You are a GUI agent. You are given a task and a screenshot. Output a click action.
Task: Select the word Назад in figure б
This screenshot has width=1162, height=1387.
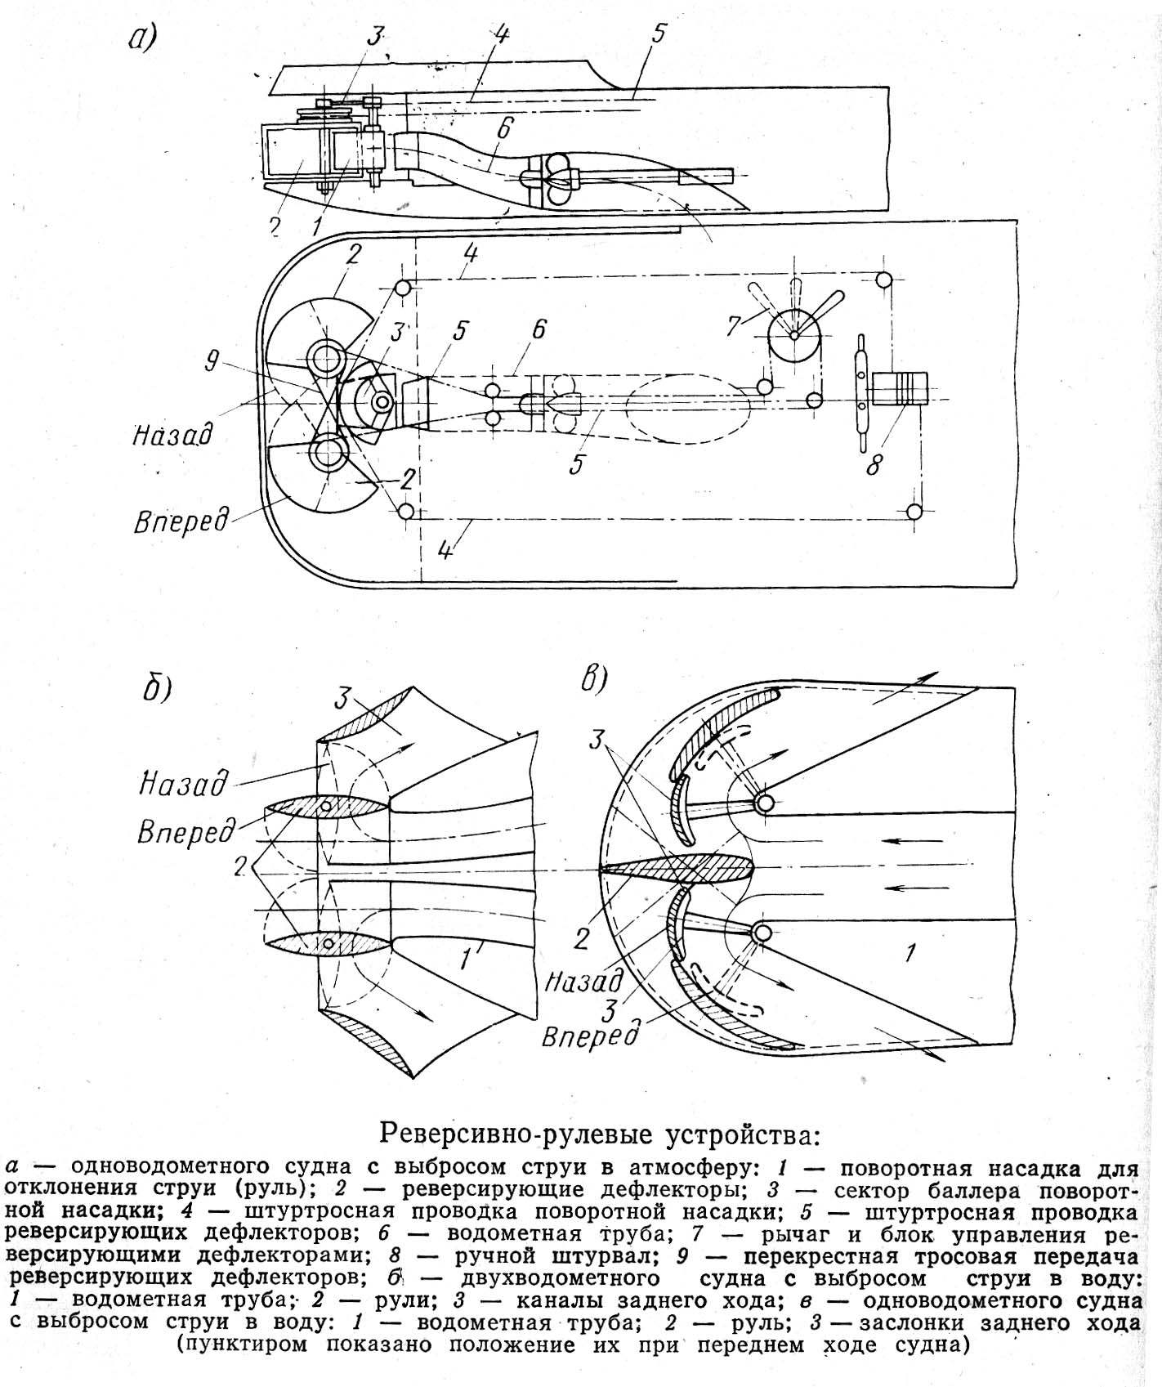182,783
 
